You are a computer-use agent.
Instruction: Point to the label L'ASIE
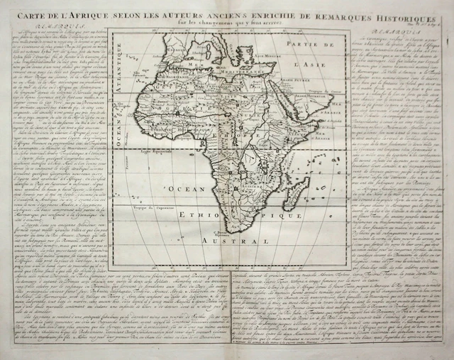(304, 65)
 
